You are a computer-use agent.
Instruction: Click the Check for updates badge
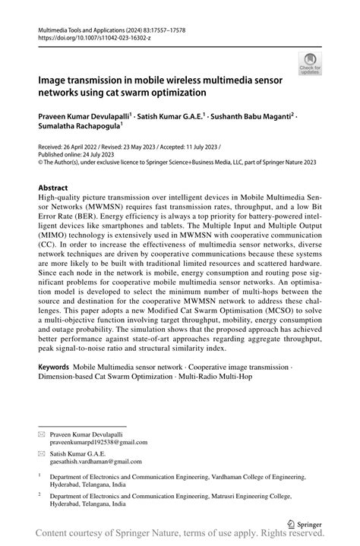pyautogui.click(x=310, y=65)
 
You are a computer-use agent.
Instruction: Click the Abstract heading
pyautogui.click(x=53, y=187)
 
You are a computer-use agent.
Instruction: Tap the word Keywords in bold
pyautogui.click(x=54, y=367)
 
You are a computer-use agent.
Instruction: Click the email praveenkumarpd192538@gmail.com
pyautogui.click(x=99, y=442)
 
